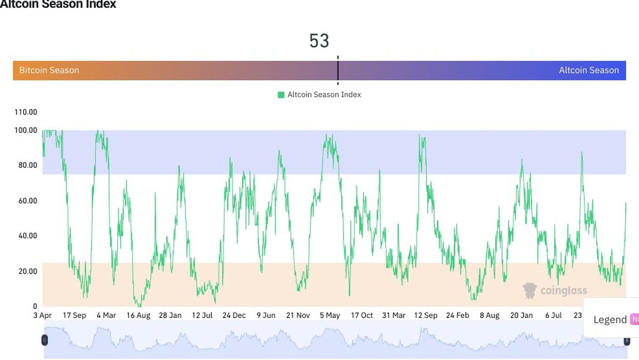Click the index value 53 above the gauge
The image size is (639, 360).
pyautogui.click(x=319, y=41)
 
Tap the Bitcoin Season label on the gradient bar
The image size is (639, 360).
pyautogui.click(x=49, y=70)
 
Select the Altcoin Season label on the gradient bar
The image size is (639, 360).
pyautogui.click(x=588, y=70)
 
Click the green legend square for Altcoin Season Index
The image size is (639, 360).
pyautogui.click(x=281, y=95)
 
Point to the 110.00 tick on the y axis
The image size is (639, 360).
pyautogui.click(x=26, y=112)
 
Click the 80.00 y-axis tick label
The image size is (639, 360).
pyautogui.click(x=26, y=165)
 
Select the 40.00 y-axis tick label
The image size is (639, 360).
pyautogui.click(x=26, y=236)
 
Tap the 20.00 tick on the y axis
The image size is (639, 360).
pyautogui.click(x=26, y=271)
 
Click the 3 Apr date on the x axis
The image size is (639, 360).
pyautogui.click(x=42, y=315)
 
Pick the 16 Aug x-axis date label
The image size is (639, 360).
pyautogui.click(x=138, y=315)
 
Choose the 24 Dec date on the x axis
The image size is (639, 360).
pyautogui.click(x=234, y=315)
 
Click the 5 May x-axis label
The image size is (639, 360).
pyautogui.click(x=330, y=315)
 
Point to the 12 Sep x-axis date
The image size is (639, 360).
pyautogui.click(x=425, y=315)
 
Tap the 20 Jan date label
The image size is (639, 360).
pyautogui.click(x=521, y=315)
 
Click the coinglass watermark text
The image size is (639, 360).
pyautogui.click(x=563, y=290)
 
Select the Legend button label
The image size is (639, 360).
pyautogui.click(x=610, y=320)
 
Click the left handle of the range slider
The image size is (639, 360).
pyautogui.click(x=45, y=340)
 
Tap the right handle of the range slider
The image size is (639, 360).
pyautogui.click(x=627, y=340)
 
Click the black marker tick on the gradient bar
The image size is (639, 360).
pyautogui.click(x=338, y=70)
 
